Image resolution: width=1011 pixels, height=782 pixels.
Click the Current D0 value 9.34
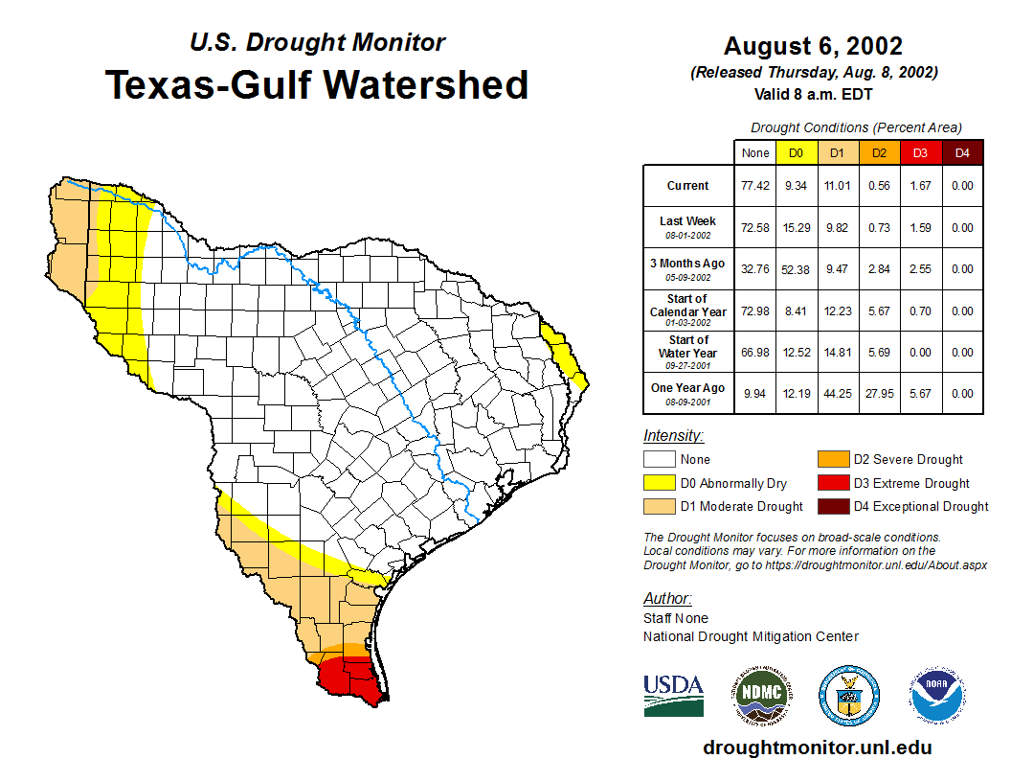(x=796, y=186)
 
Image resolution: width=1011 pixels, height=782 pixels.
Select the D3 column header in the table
(x=920, y=152)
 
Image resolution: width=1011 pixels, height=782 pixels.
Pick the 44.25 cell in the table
(x=837, y=393)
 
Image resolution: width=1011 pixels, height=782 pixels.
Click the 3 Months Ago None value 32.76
(x=755, y=269)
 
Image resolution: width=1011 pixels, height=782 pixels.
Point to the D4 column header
(x=962, y=152)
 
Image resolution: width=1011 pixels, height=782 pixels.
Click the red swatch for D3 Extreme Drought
(x=833, y=483)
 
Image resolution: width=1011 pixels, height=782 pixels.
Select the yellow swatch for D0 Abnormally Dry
(x=659, y=483)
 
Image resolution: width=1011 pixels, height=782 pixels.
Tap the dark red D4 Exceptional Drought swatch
(x=833, y=506)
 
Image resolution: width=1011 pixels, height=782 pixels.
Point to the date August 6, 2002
(x=813, y=46)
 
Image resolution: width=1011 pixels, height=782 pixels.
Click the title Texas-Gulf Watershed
(x=317, y=84)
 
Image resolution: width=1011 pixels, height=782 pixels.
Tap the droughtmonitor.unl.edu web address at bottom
(x=817, y=747)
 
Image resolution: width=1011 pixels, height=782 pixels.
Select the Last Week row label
(x=688, y=226)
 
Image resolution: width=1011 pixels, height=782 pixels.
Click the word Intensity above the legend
(x=673, y=436)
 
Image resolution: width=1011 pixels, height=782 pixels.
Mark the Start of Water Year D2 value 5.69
(x=879, y=352)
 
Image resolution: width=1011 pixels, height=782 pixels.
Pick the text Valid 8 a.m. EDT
(x=813, y=94)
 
